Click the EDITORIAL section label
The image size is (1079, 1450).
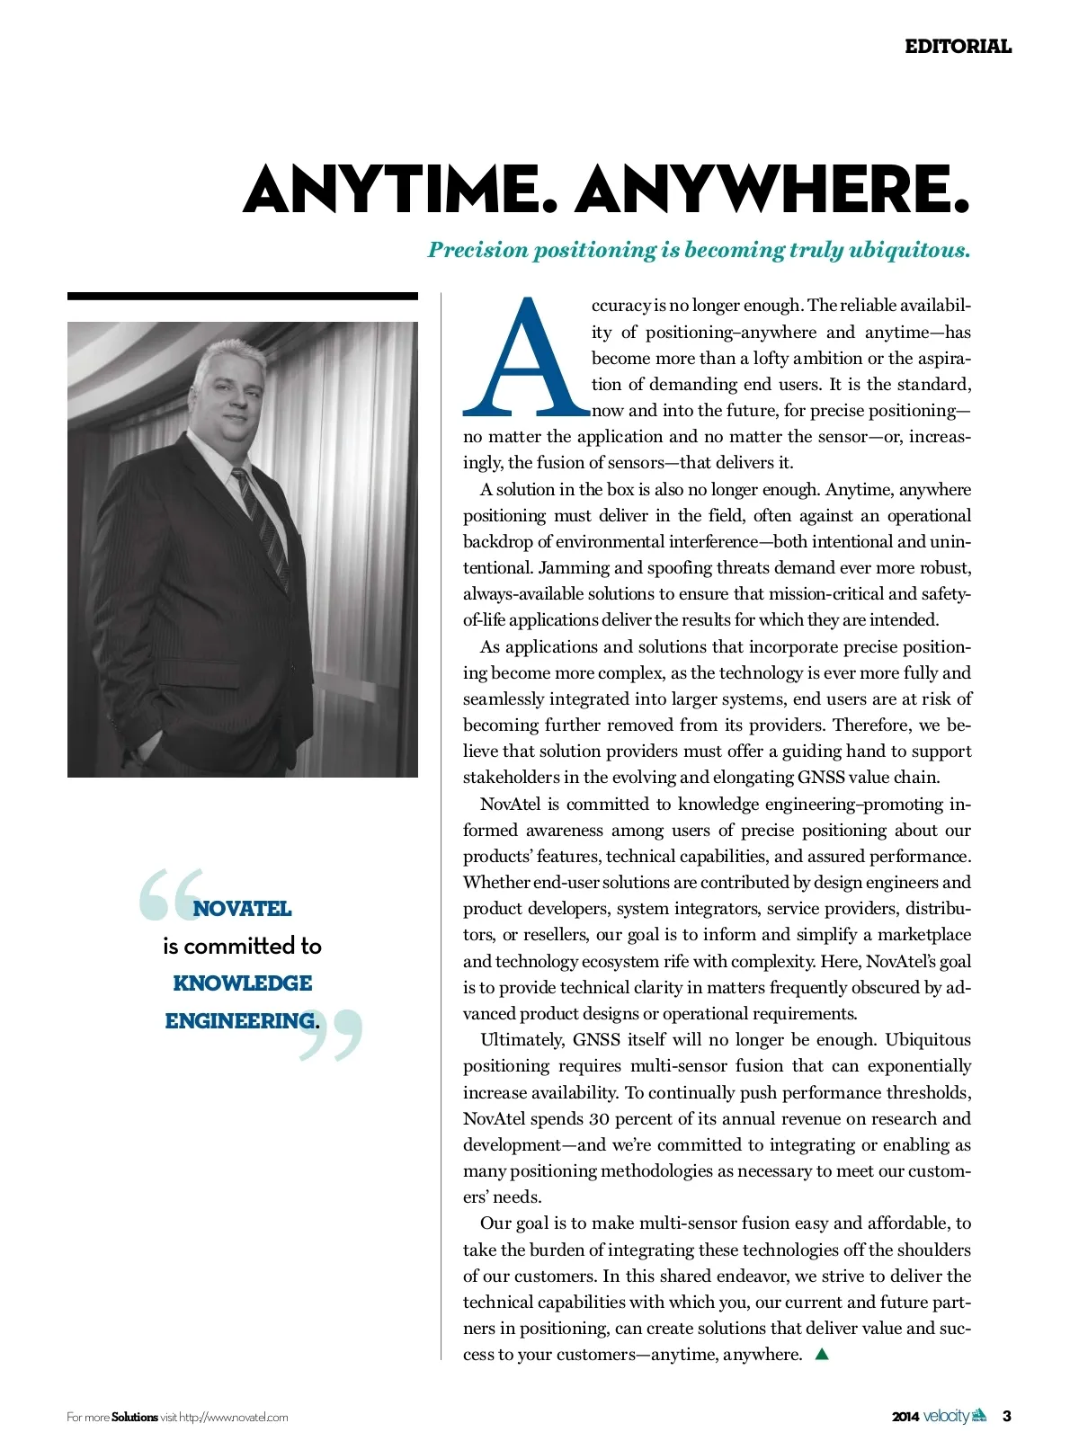[958, 47]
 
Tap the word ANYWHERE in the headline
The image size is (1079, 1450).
[772, 190]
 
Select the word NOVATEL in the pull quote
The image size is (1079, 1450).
[242, 909]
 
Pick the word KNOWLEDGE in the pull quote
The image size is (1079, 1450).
[242, 983]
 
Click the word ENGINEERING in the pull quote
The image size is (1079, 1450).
[239, 1021]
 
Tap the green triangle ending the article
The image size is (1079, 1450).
[821, 1354]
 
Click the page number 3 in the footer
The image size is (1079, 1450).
[1007, 1417]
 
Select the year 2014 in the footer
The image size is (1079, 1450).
[905, 1418]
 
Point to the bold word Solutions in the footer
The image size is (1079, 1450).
[135, 1418]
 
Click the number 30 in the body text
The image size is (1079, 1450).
[599, 1119]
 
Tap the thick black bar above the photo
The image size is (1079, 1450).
[242, 296]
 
